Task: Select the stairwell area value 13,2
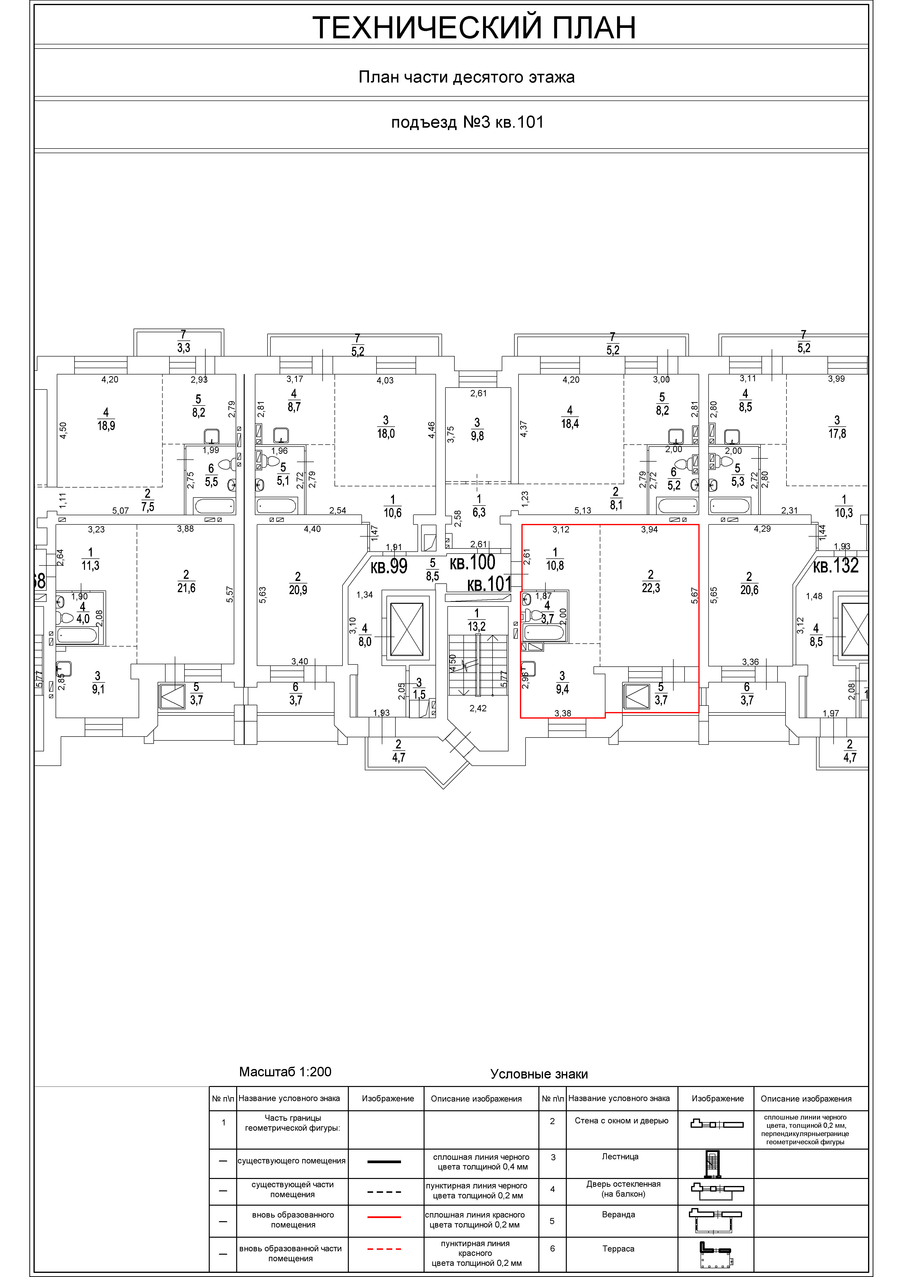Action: [477, 627]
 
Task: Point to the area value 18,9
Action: [106, 426]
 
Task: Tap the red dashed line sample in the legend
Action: [384, 1249]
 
